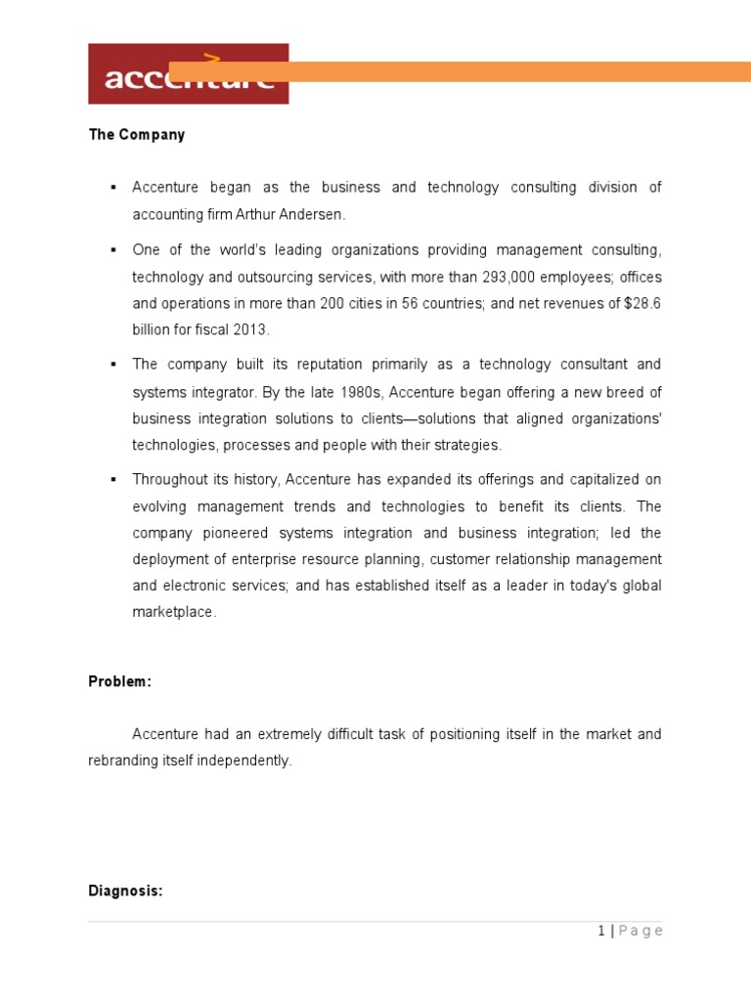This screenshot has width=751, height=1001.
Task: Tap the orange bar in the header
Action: (460, 71)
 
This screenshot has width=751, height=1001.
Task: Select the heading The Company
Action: (137, 135)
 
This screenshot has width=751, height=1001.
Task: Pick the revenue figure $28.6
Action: (641, 303)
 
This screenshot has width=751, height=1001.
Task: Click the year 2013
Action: (248, 329)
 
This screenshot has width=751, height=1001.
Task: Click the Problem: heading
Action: (120, 682)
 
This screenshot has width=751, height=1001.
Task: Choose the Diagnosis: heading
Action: (126, 892)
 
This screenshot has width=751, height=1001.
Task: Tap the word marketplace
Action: (174, 612)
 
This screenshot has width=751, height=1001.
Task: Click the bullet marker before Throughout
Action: (113, 479)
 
